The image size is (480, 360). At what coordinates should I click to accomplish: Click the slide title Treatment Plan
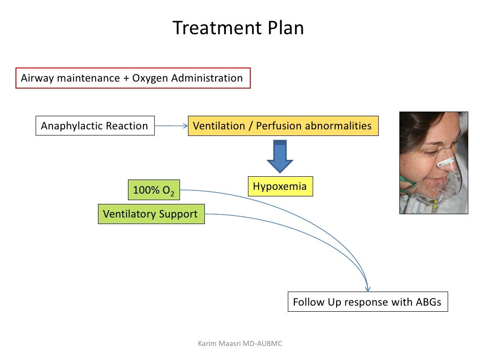(238, 28)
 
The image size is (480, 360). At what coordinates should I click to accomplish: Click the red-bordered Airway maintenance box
(133, 78)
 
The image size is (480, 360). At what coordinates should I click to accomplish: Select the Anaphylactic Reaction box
(95, 126)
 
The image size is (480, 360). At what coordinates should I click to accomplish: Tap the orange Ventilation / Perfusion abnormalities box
(283, 126)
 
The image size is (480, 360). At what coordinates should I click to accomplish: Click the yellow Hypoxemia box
(280, 187)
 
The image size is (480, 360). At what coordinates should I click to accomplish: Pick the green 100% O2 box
(153, 190)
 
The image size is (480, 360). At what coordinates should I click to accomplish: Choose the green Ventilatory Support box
(151, 214)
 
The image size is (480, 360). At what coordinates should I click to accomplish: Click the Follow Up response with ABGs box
(367, 302)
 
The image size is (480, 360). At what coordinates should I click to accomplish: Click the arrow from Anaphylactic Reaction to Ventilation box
(171, 126)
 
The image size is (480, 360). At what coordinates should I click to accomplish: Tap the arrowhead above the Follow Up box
(368, 288)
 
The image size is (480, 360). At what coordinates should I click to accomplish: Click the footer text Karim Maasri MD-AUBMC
(240, 344)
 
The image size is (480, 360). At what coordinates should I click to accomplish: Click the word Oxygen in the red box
(150, 78)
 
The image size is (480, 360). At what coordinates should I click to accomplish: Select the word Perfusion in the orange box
(278, 126)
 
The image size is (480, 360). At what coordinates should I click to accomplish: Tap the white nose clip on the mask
(445, 163)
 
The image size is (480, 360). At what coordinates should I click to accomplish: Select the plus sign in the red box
(126, 78)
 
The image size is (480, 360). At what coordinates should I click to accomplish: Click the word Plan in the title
(285, 28)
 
